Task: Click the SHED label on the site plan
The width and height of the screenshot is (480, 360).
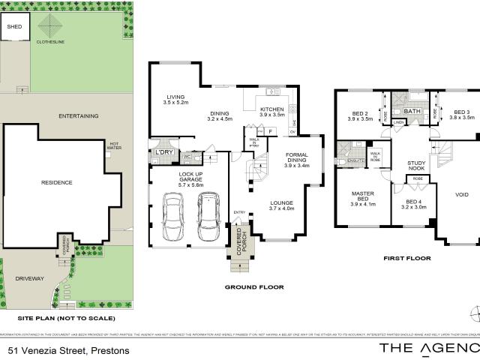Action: coord(14,27)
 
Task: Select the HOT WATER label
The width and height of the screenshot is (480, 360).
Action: coord(115,145)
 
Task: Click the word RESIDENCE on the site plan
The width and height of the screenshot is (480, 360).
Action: coord(57,182)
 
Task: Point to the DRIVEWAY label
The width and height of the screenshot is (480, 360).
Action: coord(30,278)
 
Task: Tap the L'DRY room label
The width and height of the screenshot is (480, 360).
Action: coord(163,152)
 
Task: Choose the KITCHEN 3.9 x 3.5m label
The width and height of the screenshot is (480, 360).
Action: coord(271,112)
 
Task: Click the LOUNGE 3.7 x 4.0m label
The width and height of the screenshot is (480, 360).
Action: coord(282,205)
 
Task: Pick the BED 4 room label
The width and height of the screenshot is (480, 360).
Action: coord(413,204)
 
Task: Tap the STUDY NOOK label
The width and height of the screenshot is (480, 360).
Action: coord(416,166)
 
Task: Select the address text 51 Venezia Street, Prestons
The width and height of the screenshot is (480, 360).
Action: coord(69,350)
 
